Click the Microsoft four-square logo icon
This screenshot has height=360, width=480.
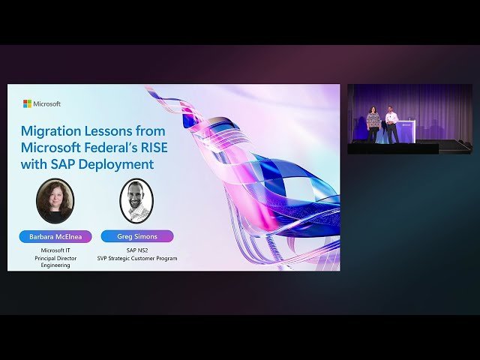(27, 103)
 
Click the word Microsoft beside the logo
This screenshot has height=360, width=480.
(47, 103)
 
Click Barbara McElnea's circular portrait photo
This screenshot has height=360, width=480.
(55, 200)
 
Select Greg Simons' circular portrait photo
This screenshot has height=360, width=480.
(136, 200)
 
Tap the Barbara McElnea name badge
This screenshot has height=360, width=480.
(55, 236)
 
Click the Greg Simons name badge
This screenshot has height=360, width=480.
(136, 236)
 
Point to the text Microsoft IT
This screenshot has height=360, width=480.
(55, 250)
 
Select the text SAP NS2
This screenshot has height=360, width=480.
(136, 250)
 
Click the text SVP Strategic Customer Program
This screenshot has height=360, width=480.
(136, 258)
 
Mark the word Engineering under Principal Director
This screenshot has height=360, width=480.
(55, 265)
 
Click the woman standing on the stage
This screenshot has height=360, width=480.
(373, 123)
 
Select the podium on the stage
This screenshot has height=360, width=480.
(406, 130)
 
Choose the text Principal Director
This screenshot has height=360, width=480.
(55, 258)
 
